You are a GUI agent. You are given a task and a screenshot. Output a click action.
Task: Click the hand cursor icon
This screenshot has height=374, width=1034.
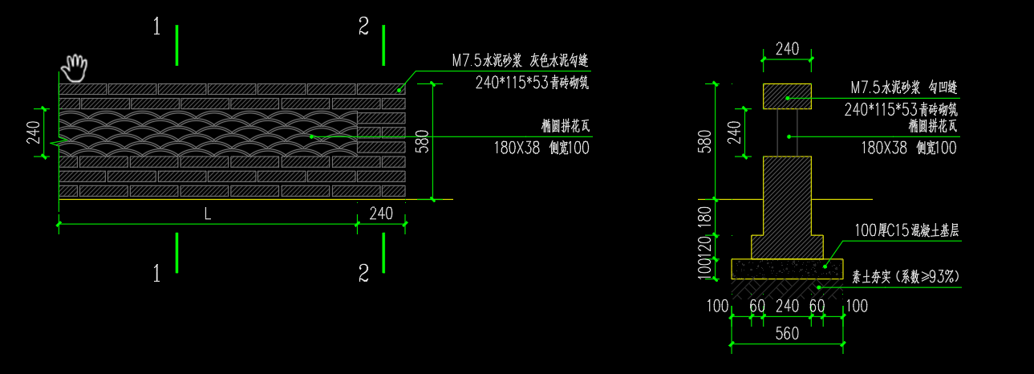pyautogui.click(x=75, y=68)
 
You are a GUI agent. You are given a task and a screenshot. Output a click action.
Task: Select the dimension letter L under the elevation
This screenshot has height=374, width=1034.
pyautogui.click(x=208, y=214)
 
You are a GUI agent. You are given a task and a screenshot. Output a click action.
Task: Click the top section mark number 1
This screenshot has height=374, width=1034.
pyautogui.click(x=157, y=28)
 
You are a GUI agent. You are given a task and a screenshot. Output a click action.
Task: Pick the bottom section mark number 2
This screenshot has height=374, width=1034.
pyautogui.click(x=364, y=274)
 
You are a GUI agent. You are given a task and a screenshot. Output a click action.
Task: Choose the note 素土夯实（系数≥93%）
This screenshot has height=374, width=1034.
pyautogui.click(x=906, y=277)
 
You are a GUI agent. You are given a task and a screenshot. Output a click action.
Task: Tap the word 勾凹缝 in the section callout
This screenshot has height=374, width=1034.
pyautogui.click(x=939, y=87)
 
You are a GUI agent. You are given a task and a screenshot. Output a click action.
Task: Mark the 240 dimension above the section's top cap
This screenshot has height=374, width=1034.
pyautogui.click(x=787, y=49)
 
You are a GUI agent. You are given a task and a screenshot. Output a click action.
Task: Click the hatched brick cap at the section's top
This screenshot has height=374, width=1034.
pyautogui.click(x=787, y=96)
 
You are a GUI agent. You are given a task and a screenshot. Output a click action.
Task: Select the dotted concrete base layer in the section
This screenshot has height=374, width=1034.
pyautogui.click(x=787, y=267)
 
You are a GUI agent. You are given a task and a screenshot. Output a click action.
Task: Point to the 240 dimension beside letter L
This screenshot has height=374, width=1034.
pyautogui.click(x=381, y=214)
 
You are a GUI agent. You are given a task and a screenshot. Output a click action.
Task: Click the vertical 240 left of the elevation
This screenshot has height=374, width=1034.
pyautogui.click(x=33, y=132)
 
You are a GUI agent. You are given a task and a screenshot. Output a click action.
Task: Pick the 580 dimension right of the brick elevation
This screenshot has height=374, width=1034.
pyautogui.click(x=423, y=140)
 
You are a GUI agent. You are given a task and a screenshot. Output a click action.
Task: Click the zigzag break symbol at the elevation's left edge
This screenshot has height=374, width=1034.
pyautogui.click(x=59, y=143)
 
